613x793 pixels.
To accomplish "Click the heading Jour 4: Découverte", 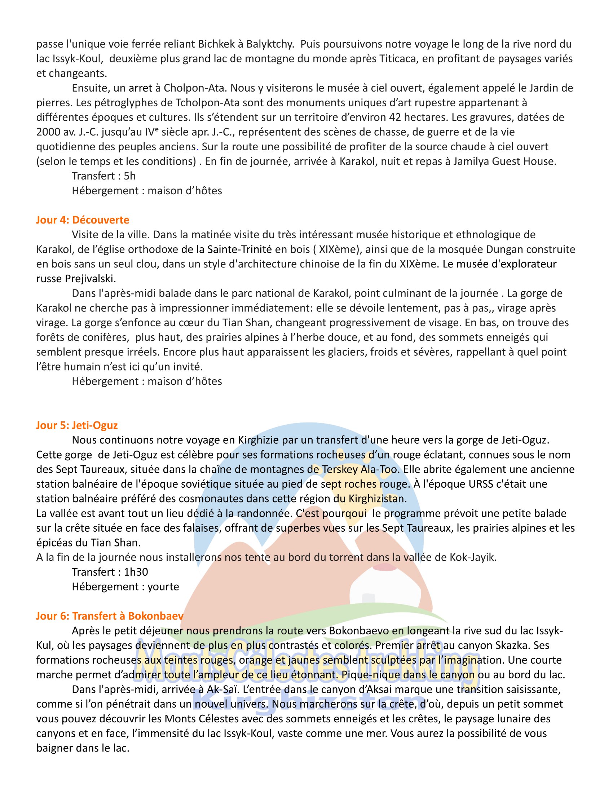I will click(x=83, y=220).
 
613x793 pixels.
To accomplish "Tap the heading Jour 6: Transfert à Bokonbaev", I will click(x=110, y=616).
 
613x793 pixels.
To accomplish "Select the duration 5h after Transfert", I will click(x=130, y=176).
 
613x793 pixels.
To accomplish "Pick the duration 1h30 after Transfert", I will click(x=136, y=572).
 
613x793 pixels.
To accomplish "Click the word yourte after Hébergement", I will click(x=163, y=586).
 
